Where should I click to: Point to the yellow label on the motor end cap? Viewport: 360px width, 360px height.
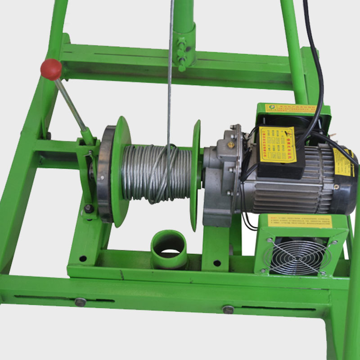tap(343, 162)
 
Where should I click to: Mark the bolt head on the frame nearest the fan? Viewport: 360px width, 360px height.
tap(228, 309)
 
